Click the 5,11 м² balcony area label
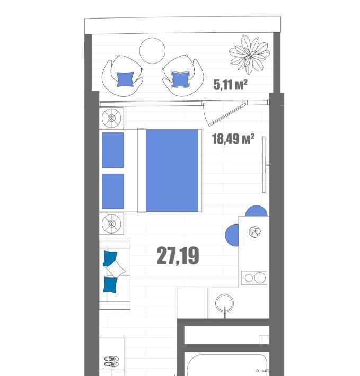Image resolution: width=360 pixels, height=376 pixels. (x=231, y=85)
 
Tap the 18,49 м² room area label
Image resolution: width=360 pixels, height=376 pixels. (x=233, y=139)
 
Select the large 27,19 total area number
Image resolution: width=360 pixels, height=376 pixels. (x=178, y=256)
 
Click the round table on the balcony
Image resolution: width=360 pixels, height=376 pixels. (x=152, y=51)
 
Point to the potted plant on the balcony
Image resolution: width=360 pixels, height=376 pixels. (x=250, y=55)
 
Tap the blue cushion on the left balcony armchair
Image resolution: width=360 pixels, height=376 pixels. (x=125, y=79)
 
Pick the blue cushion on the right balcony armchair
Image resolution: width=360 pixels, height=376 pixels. (x=181, y=79)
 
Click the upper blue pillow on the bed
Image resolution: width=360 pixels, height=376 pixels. (x=113, y=150)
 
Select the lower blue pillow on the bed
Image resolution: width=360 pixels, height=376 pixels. (x=113, y=191)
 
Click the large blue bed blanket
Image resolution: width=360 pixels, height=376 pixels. (x=172, y=171)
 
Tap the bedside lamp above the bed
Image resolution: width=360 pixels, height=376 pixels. (x=111, y=118)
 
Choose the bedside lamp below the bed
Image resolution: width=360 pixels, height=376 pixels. (x=111, y=223)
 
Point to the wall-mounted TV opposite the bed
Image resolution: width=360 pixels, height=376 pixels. (x=264, y=165)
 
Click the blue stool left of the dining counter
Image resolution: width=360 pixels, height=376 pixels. (x=232, y=235)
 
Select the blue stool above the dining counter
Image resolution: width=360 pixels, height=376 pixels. (x=256, y=211)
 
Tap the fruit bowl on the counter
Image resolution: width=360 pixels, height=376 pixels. (x=255, y=232)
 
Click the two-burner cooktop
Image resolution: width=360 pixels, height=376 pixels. (x=254, y=277)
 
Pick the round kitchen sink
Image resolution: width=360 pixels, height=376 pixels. (x=224, y=303)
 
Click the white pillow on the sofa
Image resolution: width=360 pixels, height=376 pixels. (x=116, y=270)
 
